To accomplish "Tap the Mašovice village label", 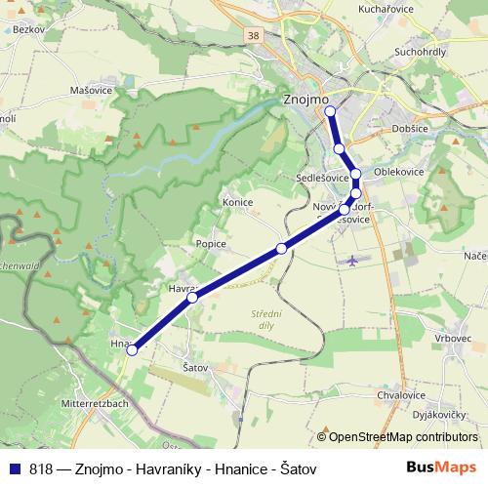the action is [63, 90].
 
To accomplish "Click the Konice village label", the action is [237, 202].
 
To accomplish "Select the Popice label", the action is [211, 244].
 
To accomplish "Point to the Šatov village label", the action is [196, 367].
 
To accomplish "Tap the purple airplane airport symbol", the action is [352, 261].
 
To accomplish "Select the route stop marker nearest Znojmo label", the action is [330, 112].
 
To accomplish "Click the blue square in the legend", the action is [14, 468].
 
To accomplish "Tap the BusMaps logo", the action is [440, 468].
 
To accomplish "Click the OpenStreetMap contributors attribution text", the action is [403, 437].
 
